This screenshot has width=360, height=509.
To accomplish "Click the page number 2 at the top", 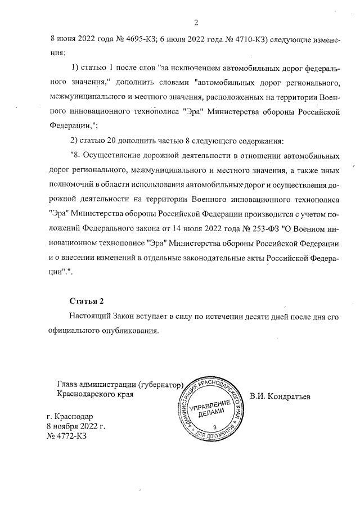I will (196, 22).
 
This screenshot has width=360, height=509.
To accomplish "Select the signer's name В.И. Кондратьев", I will (281, 395).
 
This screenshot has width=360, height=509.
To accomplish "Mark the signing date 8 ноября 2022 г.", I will (76, 426).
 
